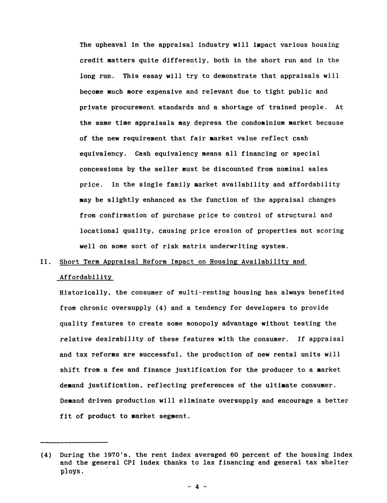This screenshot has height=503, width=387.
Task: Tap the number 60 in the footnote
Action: tap(234, 455)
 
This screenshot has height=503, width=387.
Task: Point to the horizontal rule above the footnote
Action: tap(74, 442)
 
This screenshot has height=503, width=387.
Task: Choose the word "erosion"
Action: tap(238, 231)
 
